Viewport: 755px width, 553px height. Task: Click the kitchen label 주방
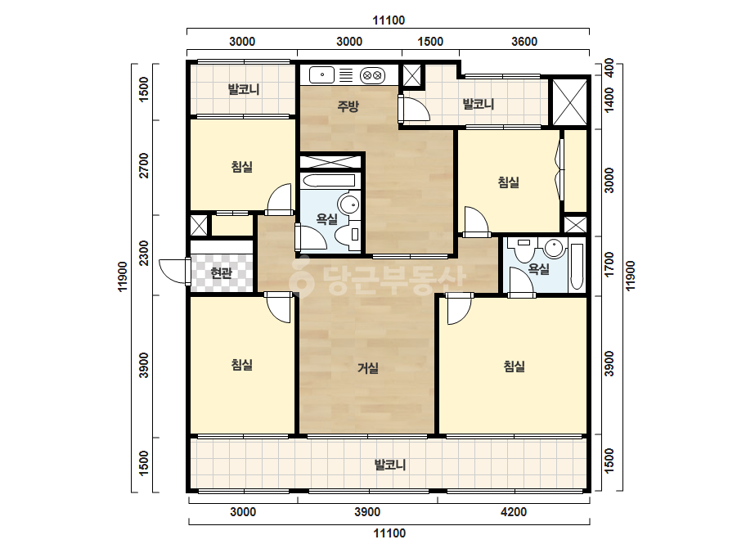(x=348, y=106)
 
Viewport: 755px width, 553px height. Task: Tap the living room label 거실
(x=368, y=368)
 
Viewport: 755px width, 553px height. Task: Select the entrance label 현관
(x=222, y=273)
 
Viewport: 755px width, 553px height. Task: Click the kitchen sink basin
(x=321, y=75)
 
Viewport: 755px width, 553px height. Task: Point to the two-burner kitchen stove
(x=373, y=75)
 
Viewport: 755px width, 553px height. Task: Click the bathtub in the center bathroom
(x=328, y=181)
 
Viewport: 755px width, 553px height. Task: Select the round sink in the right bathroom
(x=554, y=249)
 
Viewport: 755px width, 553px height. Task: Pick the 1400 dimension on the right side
(x=609, y=100)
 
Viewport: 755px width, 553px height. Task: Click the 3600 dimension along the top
(x=524, y=42)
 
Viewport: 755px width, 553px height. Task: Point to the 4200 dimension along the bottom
(x=513, y=511)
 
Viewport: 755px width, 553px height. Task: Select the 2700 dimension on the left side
(x=144, y=165)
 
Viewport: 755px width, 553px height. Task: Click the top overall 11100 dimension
(x=389, y=20)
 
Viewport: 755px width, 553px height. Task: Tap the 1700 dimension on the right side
(x=609, y=264)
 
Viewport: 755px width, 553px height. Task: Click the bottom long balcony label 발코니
(x=390, y=465)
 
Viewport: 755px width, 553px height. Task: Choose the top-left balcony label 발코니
(x=244, y=89)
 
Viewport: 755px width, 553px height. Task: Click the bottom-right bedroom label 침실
(x=514, y=366)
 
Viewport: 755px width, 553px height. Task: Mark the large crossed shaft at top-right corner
(x=569, y=102)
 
